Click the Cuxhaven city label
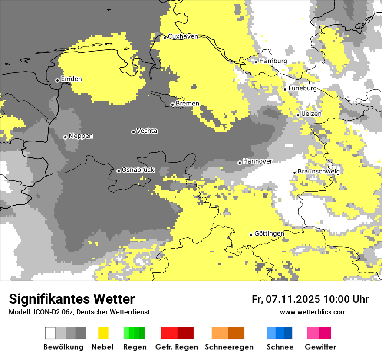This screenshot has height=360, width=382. tap(183, 36)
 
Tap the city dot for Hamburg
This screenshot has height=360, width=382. tap(256, 62)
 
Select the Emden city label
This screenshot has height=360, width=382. tap(71, 79)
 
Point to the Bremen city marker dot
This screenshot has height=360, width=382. tap(172, 105)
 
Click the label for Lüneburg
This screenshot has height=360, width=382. tap(303, 88)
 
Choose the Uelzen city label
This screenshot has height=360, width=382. tap(311, 114)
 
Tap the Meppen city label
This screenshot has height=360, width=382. tap(81, 136)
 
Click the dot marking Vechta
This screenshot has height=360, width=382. tap(133, 132)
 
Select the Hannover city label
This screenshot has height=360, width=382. tap(258, 161)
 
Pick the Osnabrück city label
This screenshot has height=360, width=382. tap(138, 170)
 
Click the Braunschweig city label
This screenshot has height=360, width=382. tap(319, 171)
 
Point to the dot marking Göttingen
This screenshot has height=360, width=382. tap(251, 235)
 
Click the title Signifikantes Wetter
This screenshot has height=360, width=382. tap(72, 299)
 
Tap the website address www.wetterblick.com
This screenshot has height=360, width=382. tap(313, 312)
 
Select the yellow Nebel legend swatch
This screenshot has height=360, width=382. tap(103, 333)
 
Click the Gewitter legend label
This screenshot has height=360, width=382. tap(320, 347)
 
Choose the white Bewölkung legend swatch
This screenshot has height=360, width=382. tap(50, 333)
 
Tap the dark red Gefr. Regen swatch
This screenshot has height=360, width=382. tap(186, 333)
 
